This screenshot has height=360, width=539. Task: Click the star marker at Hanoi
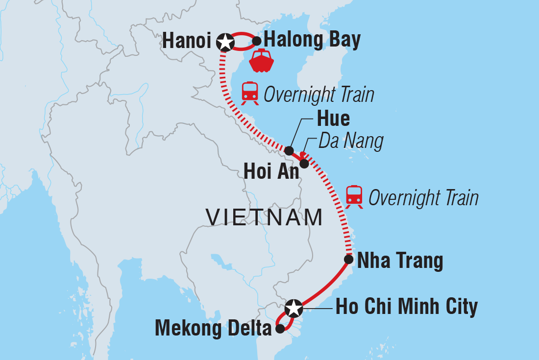pos(225,43)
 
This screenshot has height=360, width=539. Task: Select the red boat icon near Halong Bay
pos(262,61)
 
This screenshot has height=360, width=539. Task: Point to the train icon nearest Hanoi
pos(250,93)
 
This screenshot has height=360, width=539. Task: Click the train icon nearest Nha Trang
pos(354,197)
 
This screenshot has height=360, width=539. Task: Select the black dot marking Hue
pos(290,150)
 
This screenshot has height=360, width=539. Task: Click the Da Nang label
pos(350,142)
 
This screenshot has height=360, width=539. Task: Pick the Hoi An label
pos(271,171)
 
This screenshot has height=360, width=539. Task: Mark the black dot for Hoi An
pos(304,164)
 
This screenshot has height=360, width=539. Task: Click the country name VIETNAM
pos(265,217)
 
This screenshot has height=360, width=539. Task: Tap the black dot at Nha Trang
pos(348,259)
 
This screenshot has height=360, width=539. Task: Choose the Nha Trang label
pos(400,261)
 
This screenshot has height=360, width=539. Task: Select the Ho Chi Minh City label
pos(406,308)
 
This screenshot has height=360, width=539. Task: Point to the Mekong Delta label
pos(213,329)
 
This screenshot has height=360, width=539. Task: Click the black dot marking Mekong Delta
pos(280,329)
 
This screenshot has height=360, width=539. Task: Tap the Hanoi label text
pos(186,42)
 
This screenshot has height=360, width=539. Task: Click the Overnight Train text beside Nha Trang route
pos(423,198)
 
